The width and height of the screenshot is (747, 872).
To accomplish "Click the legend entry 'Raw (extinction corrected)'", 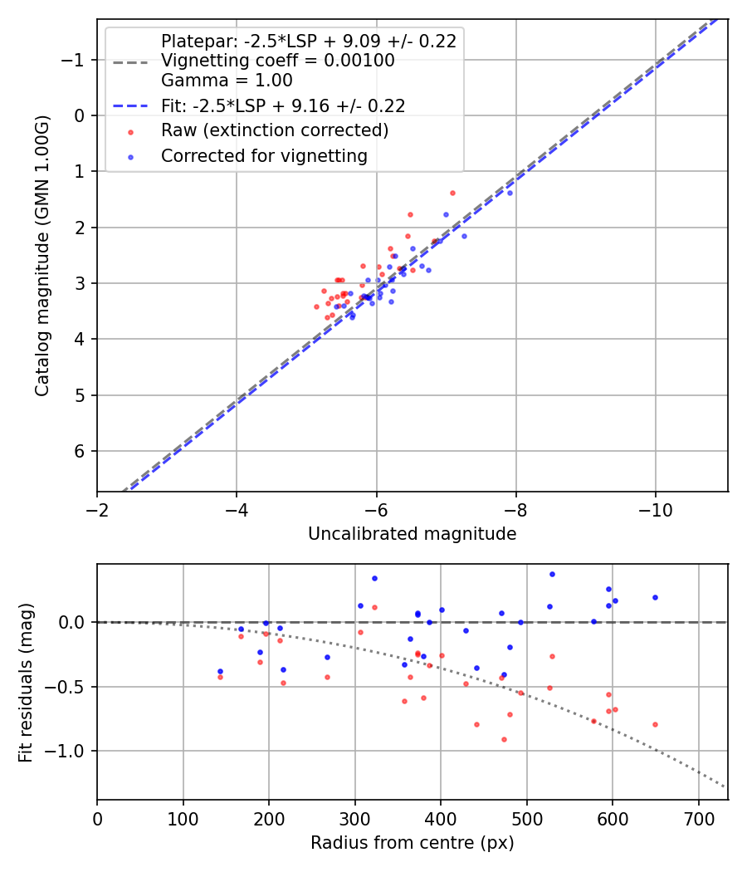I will pyautogui.click(x=274, y=130).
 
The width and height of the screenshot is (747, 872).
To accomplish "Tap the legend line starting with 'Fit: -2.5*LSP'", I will pyautogui.click(x=282, y=105).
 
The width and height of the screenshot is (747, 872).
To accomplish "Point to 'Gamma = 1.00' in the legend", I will pyautogui.click(x=227, y=81).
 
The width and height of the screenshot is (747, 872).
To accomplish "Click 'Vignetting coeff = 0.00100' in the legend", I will pyautogui.click(x=277, y=61).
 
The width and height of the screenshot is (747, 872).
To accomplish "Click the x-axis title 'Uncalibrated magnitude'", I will pyautogui.click(x=412, y=534).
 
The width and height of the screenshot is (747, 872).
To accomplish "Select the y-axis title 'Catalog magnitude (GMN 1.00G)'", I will pyautogui.click(x=43, y=256).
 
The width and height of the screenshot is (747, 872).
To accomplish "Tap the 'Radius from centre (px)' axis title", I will pyautogui.click(x=412, y=843).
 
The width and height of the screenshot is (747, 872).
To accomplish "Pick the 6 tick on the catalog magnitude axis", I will pyautogui.click(x=80, y=451).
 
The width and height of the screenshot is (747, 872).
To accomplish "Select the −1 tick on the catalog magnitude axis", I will pyautogui.click(x=75, y=60).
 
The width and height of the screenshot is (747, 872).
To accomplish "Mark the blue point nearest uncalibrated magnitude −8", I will pyautogui.click(x=510, y=193).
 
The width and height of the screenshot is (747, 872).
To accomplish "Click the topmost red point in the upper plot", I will pyautogui.click(x=452, y=193).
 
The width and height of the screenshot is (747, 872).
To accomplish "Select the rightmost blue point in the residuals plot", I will pyautogui.click(x=655, y=597).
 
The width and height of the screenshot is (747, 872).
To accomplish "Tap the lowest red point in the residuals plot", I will pyautogui.click(x=504, y=739).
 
